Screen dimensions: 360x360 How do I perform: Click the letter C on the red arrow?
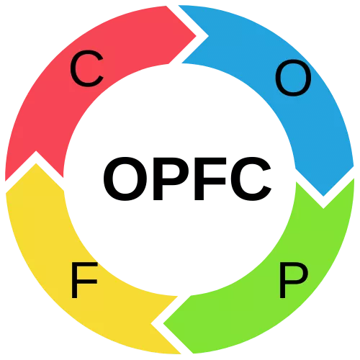87,68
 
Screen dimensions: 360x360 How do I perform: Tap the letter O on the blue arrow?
293,78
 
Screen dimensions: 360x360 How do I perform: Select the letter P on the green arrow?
294,280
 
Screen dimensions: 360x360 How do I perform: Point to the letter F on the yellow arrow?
84,280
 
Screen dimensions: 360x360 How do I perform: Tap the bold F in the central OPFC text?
210,179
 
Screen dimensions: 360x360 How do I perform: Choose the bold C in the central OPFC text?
251,179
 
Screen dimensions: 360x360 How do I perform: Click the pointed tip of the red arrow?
196,36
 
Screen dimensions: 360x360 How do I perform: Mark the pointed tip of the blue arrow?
323,196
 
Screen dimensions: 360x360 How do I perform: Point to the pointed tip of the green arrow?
163,323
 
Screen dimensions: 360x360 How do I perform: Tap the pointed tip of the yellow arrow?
36,163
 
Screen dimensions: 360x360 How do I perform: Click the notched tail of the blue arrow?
208,37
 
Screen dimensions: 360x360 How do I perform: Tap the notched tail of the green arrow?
323,208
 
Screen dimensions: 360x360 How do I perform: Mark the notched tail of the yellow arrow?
152,323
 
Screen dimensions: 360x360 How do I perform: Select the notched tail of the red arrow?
36,152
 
